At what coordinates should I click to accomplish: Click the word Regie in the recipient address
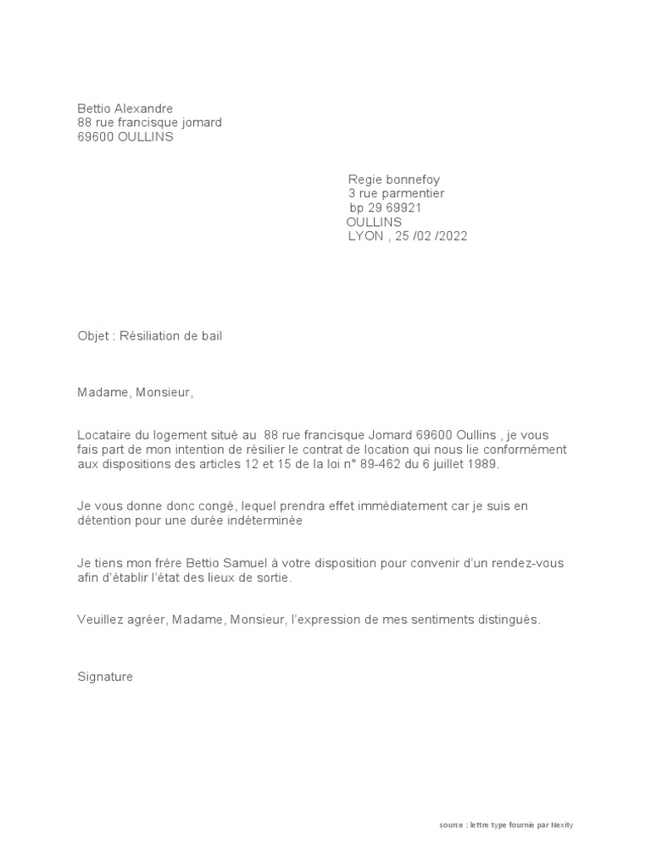366,179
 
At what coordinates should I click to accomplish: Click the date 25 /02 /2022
431,236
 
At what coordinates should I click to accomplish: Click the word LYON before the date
366,236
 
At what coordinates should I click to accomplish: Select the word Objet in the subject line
93,336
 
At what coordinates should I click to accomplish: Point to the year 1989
484,465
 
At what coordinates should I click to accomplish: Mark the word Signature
105,677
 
